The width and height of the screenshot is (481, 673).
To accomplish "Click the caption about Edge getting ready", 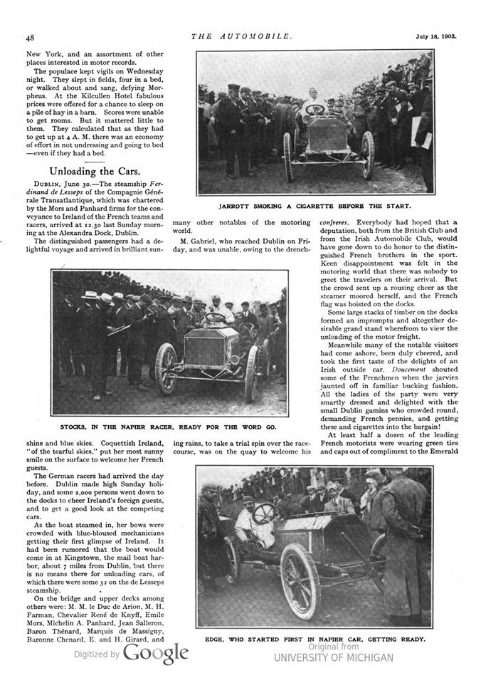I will (x=314, y=639).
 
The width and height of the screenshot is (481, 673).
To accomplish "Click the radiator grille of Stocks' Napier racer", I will (x=204, y=354).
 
